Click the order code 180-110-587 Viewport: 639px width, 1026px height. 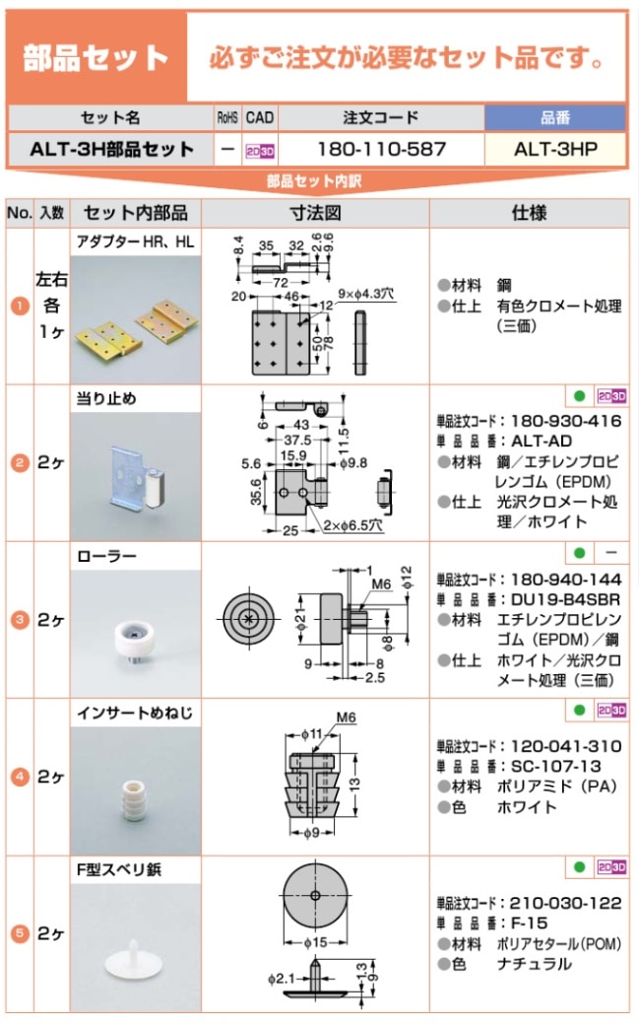(381, 150)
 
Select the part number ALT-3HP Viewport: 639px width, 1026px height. (555, 150)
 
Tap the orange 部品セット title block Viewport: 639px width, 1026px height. (96, 56)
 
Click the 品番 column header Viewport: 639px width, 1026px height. (555, 118)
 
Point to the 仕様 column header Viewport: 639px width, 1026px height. (529, 213)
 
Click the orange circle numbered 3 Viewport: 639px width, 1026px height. (18, 620)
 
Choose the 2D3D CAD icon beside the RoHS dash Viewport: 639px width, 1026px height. (260, 151)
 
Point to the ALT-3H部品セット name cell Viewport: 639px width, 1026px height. (111, 150)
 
